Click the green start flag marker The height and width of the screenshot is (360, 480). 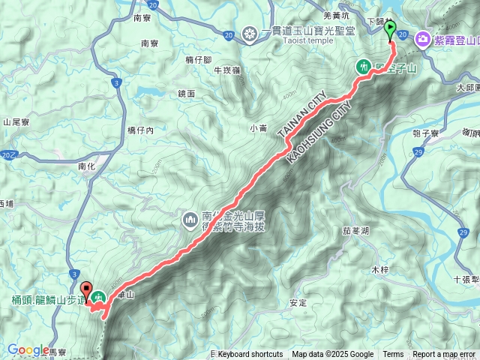390,30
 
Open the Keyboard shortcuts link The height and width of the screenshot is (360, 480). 250,355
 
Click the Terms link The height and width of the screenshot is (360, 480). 393,355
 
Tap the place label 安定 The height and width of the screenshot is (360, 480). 297,303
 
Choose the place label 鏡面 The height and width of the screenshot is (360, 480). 186,94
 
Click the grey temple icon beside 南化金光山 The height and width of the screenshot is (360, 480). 189,220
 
